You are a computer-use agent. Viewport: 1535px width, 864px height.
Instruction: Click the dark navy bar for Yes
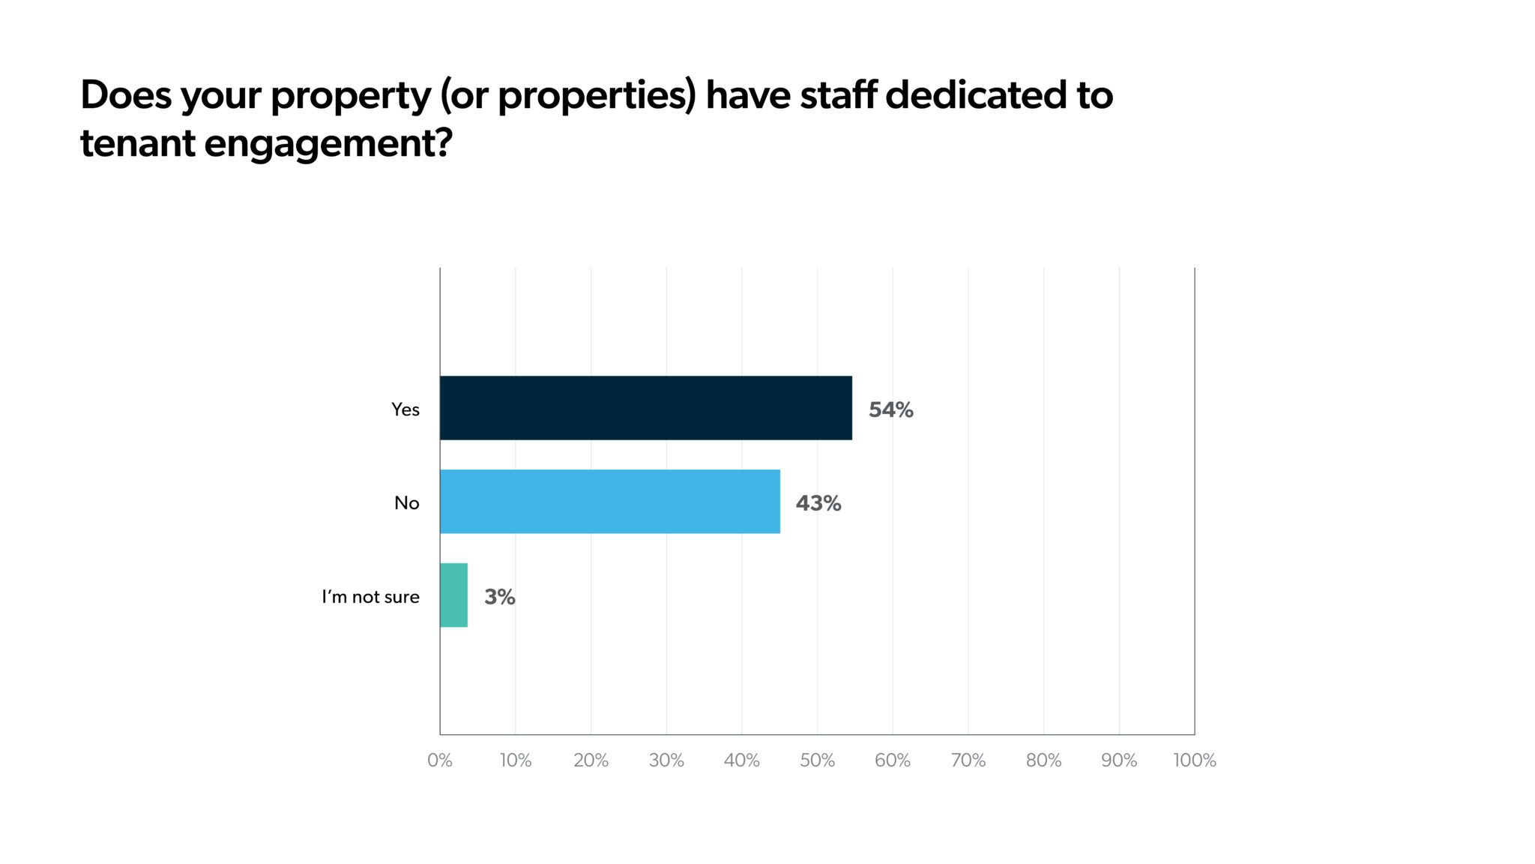[x=645, y=408]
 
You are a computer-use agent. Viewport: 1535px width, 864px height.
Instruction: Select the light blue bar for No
[x=609, y=502]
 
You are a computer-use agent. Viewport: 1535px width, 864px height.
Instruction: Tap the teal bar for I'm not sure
[x=453, y=595]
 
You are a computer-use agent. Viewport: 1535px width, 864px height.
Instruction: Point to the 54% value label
[x=890, y=409]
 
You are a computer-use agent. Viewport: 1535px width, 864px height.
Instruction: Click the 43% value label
[x=818, y=503]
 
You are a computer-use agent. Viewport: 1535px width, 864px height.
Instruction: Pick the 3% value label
[x=499, y=597]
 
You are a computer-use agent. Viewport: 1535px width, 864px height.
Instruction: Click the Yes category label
[x=405, y=409]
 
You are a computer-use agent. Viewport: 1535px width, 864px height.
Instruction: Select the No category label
[x=406, y=503]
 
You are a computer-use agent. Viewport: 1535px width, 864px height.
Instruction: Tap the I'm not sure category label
[x=370, y=597]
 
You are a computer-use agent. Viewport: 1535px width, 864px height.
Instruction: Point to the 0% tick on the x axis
[x=440, y=760]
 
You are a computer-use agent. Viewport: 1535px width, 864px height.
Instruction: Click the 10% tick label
[x=516, y=760]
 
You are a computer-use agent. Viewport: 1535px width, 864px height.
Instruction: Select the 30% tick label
[x=666, y=760]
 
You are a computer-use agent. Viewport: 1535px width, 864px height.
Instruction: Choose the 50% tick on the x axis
[x=817, y=760]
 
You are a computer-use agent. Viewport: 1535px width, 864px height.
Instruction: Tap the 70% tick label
[x=968, y=760]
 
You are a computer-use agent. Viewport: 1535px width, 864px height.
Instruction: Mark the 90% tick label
[x=1119, y=760]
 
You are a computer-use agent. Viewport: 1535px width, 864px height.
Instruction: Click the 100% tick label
[x=1195, y=760]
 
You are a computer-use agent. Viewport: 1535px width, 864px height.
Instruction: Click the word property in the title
[x=351, y=97]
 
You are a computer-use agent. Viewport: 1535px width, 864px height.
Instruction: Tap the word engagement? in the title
[x=328, y=144]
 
